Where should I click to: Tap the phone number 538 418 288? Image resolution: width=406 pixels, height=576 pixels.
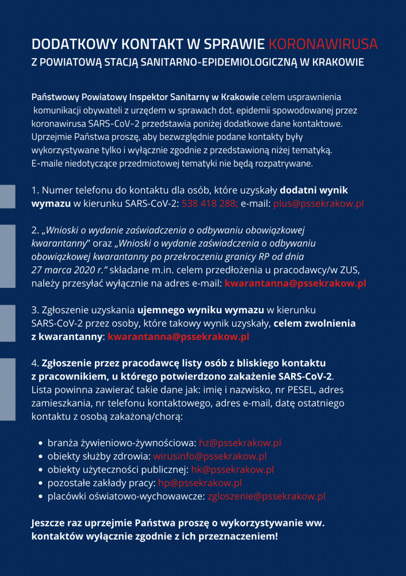coord(209,203)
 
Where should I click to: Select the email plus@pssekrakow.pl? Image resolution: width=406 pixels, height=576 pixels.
coord(318,203)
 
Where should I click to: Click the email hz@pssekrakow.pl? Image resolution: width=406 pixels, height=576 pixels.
coord(240,443)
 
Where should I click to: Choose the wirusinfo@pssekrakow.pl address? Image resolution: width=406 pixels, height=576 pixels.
coord(210,456)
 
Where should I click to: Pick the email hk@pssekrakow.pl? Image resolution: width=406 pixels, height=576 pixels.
coord(232,469)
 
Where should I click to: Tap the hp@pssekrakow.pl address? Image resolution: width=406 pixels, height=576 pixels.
coord(200,483)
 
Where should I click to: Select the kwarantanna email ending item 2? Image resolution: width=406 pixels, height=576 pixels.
coord(295,283)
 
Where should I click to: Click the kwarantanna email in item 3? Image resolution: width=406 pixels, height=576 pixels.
coord(178,336)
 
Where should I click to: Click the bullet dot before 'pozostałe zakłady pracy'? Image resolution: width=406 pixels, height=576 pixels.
coord(41,483)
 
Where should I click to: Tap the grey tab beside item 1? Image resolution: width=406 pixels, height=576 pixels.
coord(7,196)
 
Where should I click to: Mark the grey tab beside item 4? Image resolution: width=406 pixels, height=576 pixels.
coord(7,389)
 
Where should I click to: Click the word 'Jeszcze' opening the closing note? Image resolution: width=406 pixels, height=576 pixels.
coord(49,523)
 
